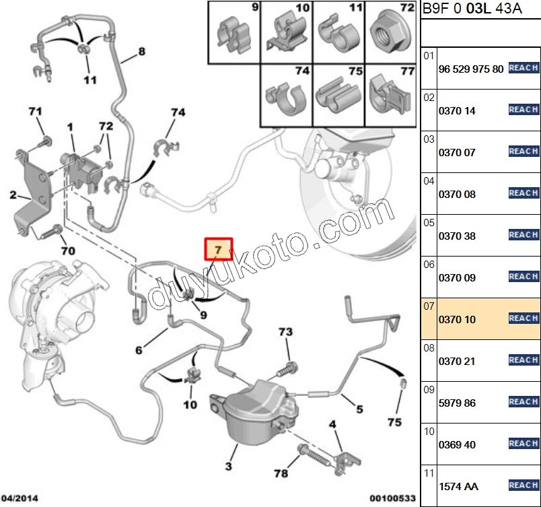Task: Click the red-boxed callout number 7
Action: tap(218, 250)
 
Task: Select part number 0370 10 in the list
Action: tap(457, 319)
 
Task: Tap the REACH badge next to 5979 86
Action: tap(523, 402)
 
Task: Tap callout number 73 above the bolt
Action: tap(286, 333)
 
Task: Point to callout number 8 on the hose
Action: tap(141, 52)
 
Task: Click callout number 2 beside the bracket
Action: tap(13, 196)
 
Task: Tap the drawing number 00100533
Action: tap(392, 499)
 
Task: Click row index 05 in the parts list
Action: tap(428, 222)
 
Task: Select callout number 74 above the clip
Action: tap(178, 112)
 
